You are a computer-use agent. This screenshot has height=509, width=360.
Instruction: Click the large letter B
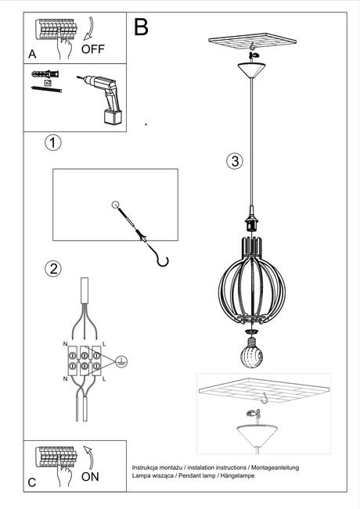(x=141, y=27)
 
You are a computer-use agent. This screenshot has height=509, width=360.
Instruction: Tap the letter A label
(x=32, y=54)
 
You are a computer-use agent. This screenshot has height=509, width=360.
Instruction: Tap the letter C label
(x=32, y=482)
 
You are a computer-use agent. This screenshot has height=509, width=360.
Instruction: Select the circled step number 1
(x=52, y=143)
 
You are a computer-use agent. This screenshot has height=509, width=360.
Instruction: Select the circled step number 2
(x=52, y=269)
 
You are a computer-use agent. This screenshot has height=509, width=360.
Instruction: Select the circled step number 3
(x=233, y=162)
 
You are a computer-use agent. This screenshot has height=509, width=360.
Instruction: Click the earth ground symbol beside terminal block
(x=120, y=360)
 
